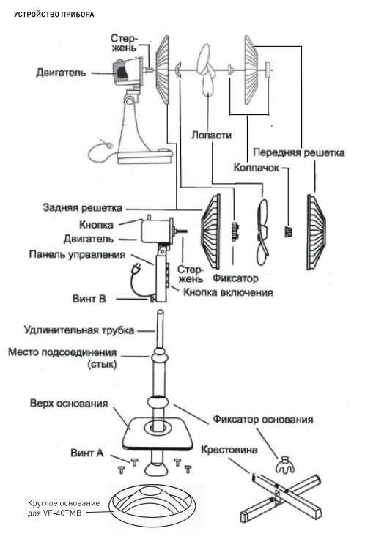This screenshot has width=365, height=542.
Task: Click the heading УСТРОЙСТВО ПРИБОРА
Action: [x=54, y=15]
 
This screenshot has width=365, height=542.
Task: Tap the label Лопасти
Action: [x=211, y=135]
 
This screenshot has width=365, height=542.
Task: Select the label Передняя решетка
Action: [x=298, y=152]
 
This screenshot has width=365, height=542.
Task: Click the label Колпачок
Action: [x=257, y=168]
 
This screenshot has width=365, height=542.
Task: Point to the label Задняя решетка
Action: [x=82, y=208]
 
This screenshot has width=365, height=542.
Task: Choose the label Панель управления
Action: [x=77, y=255]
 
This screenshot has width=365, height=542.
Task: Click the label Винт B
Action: [x=89, y=299]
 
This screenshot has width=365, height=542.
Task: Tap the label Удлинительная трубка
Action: [x=79, y=330]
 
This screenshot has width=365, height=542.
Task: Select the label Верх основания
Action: [x=69, y=404]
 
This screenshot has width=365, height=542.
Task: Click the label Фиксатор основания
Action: [x=262, y=420]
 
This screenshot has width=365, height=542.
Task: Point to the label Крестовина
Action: [x=229, y=450]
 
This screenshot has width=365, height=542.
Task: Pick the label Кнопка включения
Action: [x=228, y=292]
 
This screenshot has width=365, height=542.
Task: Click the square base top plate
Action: [x=158, y=433]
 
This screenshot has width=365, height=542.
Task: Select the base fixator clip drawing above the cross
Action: [x=284, y=465]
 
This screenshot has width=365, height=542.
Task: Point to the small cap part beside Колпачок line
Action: [x=288, y=231]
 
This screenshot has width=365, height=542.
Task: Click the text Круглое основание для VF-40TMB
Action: [x=64, y=508]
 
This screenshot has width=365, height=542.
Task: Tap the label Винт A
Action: [x=87, y=453]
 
